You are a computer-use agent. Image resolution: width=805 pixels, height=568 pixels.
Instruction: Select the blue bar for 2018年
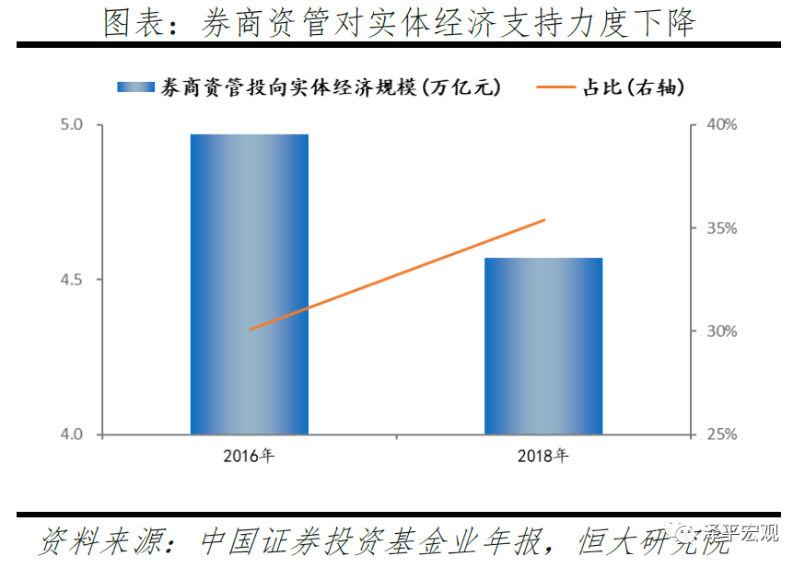543,345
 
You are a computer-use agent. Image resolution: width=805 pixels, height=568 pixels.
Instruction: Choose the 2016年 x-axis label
249,455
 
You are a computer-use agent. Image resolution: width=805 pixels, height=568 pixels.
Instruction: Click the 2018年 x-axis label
543,455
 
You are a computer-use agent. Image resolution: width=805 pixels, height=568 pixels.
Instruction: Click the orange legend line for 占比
555,87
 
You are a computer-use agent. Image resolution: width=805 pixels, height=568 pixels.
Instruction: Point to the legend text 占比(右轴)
635,87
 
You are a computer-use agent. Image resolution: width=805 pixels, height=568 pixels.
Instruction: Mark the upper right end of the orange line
544,220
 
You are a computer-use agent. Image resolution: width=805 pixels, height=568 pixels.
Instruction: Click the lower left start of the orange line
250,329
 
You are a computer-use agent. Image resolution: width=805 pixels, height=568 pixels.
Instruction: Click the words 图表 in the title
128,23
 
